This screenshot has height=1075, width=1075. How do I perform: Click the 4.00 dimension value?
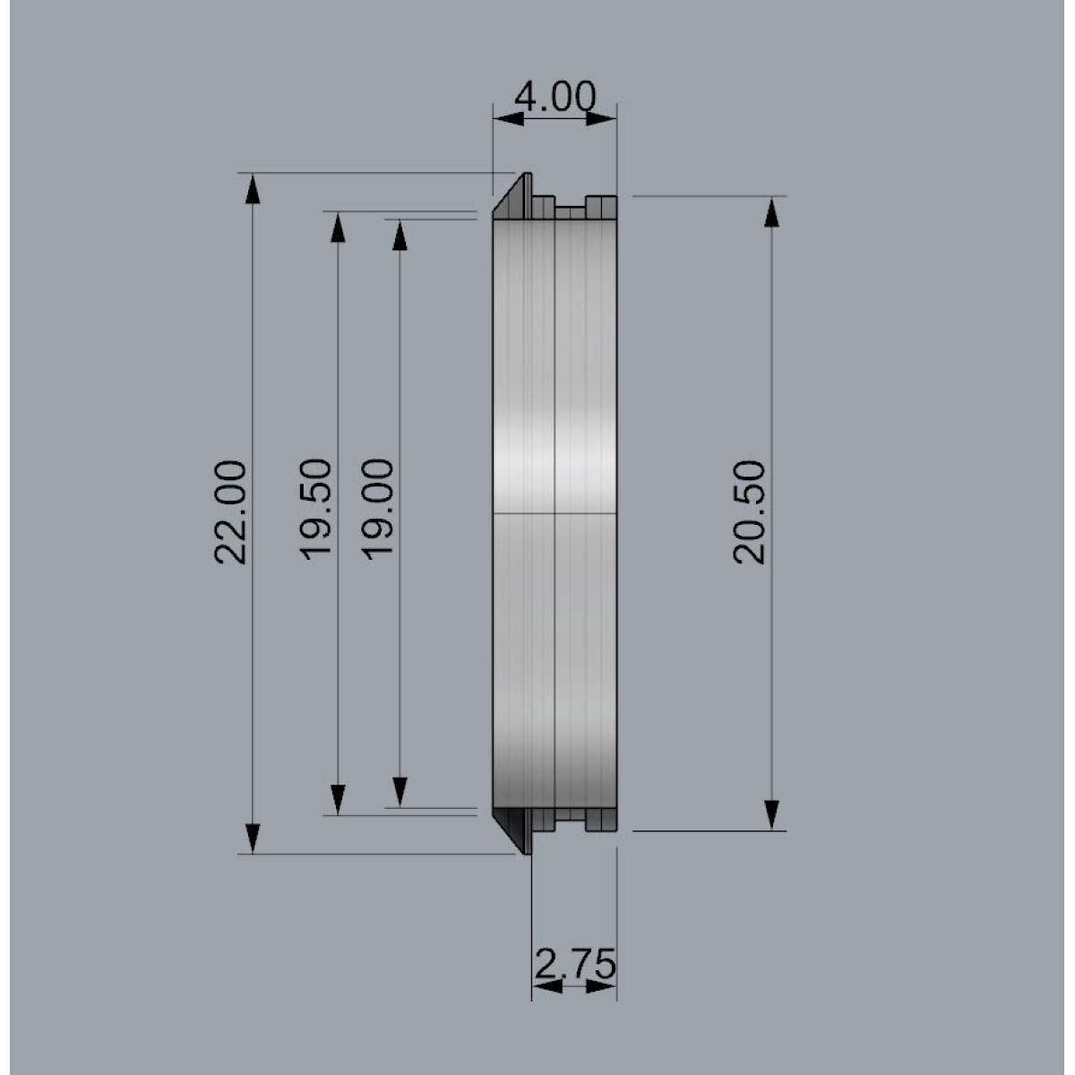click(x=555, y=97)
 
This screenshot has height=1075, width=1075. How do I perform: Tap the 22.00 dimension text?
click(x=230, y=512)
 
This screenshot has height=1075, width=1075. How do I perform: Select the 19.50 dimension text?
click(x=315, y=509)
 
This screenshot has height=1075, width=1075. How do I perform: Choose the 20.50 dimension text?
click(x=749, y=512)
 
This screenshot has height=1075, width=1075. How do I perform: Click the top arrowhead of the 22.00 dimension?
click(x=253, y=190)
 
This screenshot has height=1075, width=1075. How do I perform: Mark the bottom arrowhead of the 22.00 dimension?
click(x=253, y=838)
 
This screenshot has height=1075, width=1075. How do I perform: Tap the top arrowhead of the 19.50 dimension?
click(x=338, y=228)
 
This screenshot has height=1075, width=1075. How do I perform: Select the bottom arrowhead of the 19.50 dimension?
click(x=338, y=800)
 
